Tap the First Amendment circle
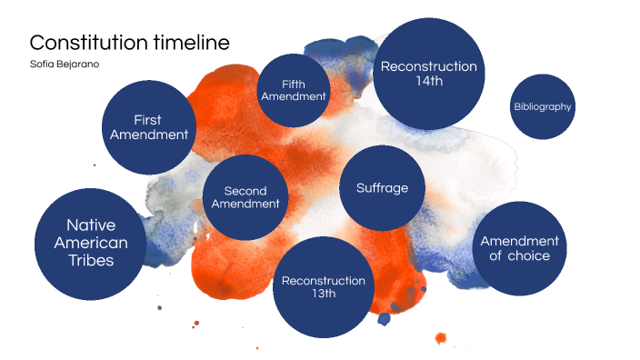(x=149, y=127)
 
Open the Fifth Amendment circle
(x=293, y=90)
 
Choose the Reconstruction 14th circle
(x=428, y=74)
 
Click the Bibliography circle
(x=543, y=106)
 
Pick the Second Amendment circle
(x=245, y=196)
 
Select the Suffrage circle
(x=382, y=188)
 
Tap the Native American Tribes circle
(x=91, y=243)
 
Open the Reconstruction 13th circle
(x=324, y=286)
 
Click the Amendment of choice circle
(x=520, y=247)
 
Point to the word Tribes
(x=91, y=260)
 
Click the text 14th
(x=429, y=83)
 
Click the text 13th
(x=324, y=295)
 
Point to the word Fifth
(x=293, y=84)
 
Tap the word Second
(x=245, y=190)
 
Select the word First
(x=148, y=119)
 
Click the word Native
(x=91, y=225)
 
